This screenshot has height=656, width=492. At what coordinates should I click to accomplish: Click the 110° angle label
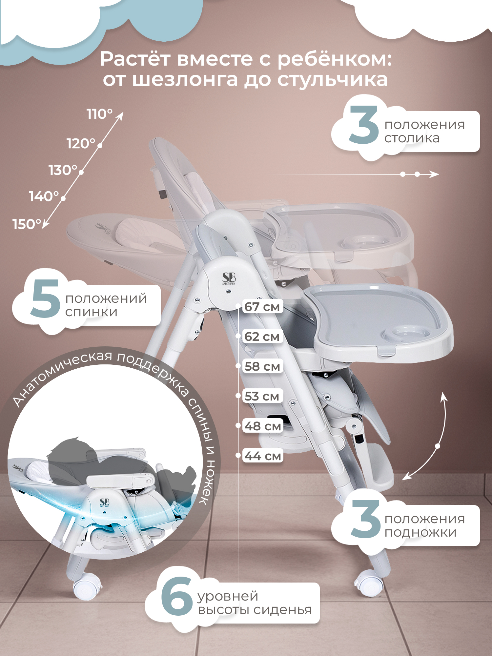(x=99, y=114)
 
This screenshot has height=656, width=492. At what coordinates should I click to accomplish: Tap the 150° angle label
(x=27, y=224)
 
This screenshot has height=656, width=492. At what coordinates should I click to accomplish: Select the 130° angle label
(x=63, y=170)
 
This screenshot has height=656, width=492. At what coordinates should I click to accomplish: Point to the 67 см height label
(x=262, y=307)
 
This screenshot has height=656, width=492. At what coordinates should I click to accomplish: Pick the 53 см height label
(x=262, y=396)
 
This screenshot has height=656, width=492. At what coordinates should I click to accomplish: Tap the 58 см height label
(x=262, y=366)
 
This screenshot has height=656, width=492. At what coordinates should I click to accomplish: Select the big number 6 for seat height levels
(x=176, y=596)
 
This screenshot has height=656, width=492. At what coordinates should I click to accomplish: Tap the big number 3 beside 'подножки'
(x=365, y=519)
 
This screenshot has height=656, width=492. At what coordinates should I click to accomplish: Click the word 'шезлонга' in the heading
(x=185, y=80)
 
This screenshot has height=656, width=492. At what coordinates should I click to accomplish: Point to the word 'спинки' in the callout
(x=91, y=312)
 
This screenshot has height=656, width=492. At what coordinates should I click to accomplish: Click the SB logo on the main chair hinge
(x=229, y=278)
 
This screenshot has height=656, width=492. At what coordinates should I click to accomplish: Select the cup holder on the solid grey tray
(x=406, y=334)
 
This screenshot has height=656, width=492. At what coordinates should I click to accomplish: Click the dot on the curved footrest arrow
(x=438, y=446)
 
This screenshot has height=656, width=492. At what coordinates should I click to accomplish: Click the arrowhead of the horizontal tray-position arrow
(x=434, y=174)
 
